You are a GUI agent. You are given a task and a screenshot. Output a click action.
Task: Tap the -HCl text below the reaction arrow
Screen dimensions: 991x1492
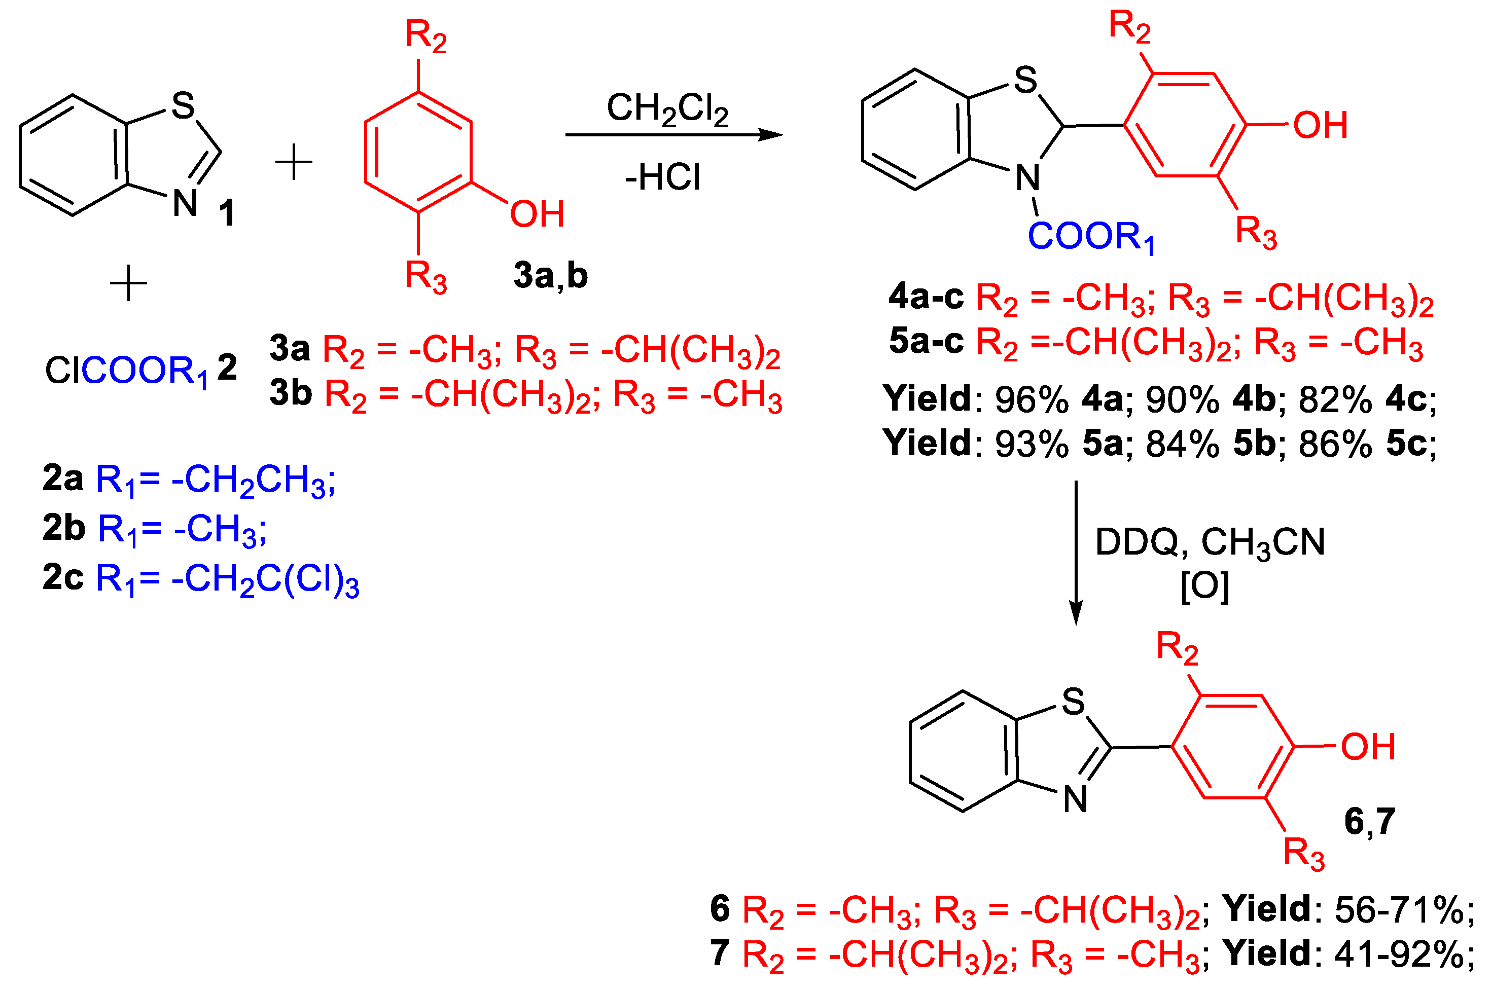click(662, 177)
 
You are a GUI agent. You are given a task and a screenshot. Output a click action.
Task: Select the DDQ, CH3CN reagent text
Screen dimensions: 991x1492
click(1210, 542)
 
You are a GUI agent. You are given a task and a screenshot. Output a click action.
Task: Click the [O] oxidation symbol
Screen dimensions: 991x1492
click(1205, 586)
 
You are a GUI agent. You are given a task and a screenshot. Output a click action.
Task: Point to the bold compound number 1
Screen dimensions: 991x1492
click(227, 213)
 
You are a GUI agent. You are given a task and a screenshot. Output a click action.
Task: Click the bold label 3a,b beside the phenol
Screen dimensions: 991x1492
click(550, 276)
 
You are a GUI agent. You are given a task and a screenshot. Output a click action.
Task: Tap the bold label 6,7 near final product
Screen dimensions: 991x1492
click(1369, 822)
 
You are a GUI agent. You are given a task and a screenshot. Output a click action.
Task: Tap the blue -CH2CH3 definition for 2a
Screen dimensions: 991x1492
click(253, 479)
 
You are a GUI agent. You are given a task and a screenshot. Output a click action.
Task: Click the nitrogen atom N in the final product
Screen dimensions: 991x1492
click(1075, 799)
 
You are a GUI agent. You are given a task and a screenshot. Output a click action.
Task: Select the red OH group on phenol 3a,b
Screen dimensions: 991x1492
click(537, 214)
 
